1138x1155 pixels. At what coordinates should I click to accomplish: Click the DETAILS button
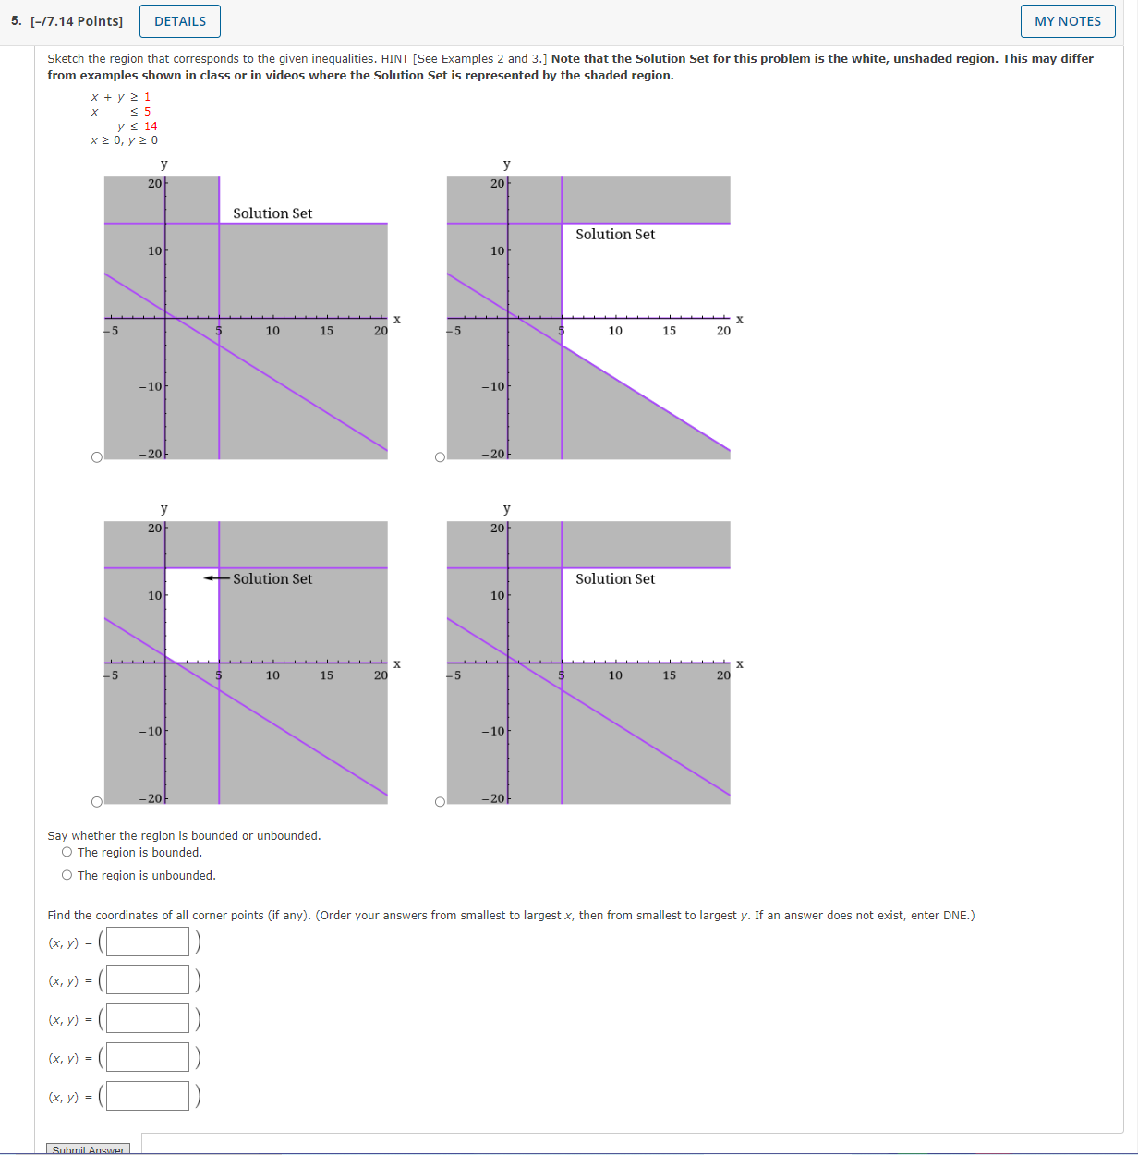tap(180, 21)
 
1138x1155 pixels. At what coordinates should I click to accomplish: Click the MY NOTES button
tap(1067, 21)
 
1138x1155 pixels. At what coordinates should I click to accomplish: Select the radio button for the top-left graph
tap(97, 457)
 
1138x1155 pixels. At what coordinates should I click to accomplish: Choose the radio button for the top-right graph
tap(440, 457)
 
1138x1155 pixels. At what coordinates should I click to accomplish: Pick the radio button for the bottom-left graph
tap(97, 802)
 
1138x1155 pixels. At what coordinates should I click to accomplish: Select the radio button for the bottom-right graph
tap(440, 802)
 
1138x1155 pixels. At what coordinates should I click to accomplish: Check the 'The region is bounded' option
tap(67, 853)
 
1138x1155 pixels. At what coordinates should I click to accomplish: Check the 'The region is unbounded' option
tap(67, 875)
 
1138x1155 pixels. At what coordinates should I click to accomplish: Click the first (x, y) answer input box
tap(148, 942)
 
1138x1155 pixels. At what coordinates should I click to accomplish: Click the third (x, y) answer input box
tap(148, 1019)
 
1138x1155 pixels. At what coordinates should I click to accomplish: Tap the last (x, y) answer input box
tap(148, 1096)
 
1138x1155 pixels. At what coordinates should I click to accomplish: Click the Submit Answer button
tap(88, 1149)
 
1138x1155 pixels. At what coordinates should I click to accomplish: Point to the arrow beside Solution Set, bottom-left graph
tap(216, 578)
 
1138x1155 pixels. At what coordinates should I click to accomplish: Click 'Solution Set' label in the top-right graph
tap(615, 235)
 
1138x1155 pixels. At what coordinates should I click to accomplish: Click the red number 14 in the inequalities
tap(151, 127)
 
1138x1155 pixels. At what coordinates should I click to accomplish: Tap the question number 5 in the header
tap(16, 21)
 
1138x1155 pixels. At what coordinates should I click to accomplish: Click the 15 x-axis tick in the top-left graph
tap(327, 331)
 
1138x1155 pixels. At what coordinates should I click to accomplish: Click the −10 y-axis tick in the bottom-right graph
tap(493, 731)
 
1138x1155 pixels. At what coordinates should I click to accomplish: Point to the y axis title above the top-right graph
tap(506, 164)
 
